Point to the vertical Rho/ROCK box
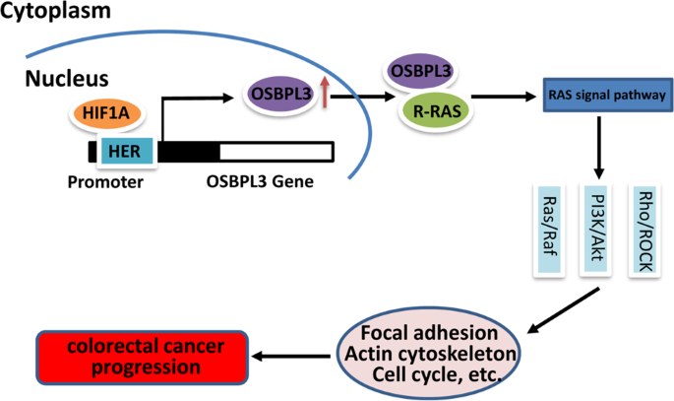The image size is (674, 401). click(x=644, y=227)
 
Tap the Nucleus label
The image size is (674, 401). click(x=66, y=77)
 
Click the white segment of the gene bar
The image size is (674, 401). click(x=276, y=151)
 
